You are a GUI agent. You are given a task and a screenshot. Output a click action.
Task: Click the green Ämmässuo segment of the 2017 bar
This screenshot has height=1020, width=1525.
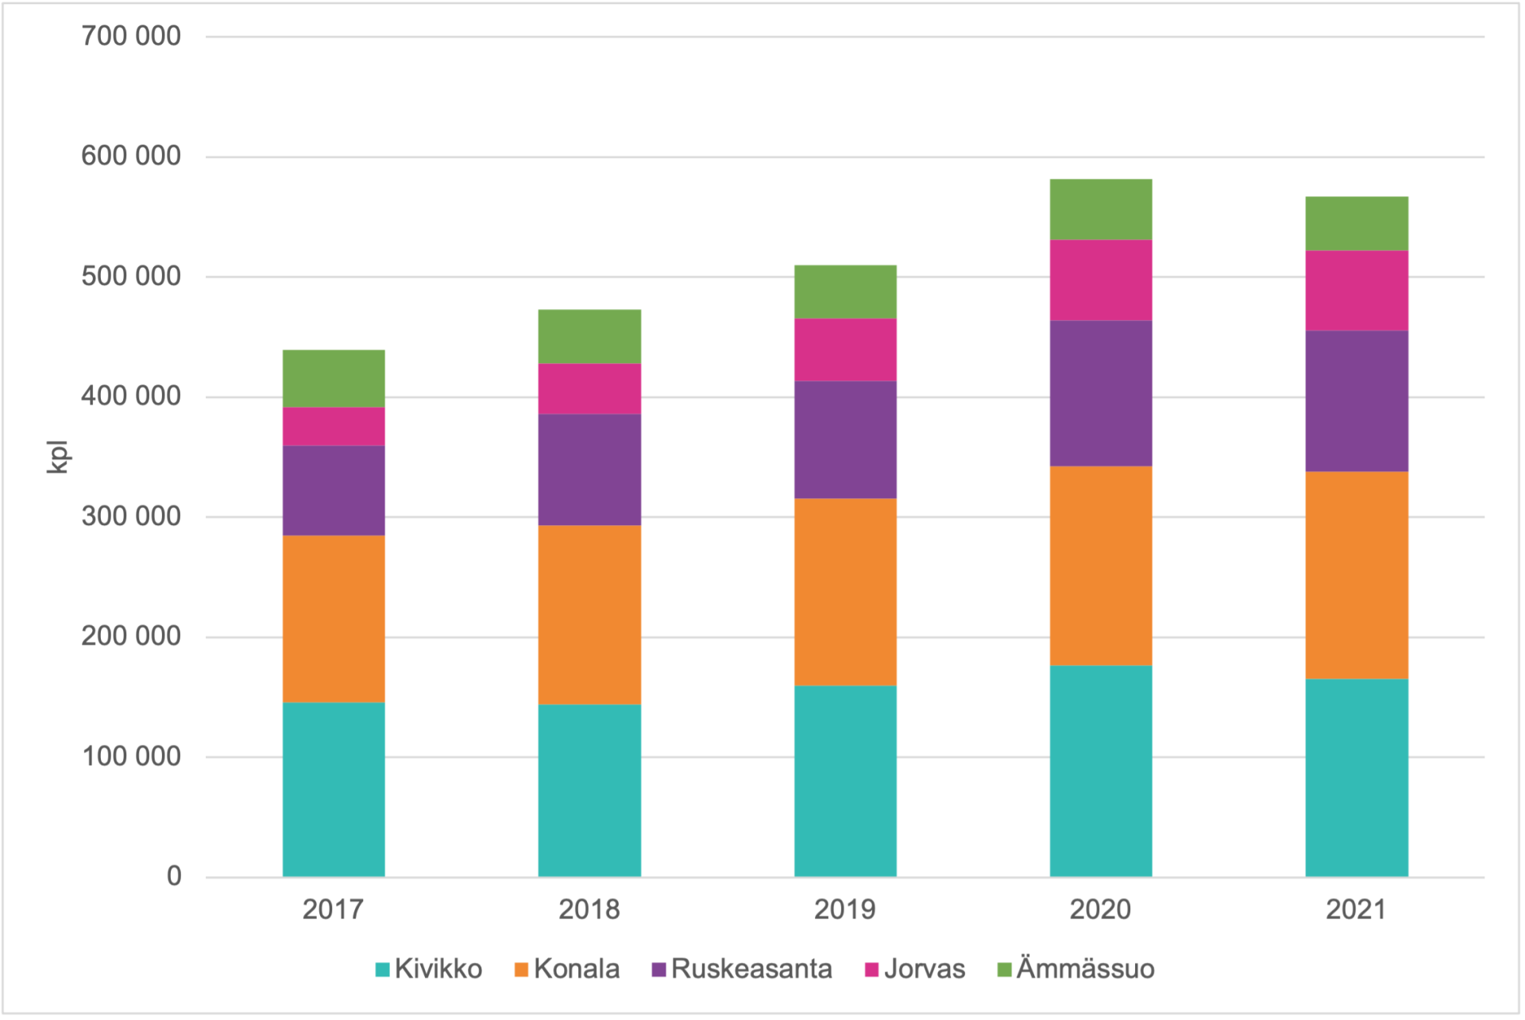[x=334, y=378]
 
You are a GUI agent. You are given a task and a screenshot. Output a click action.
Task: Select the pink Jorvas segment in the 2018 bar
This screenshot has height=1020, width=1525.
[x=589, y=388]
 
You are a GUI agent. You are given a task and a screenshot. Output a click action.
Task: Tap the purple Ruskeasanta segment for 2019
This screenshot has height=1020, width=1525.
[x=845, y=439]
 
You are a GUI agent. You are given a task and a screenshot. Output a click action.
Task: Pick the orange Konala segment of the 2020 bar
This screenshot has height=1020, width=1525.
[x=1101, y=565]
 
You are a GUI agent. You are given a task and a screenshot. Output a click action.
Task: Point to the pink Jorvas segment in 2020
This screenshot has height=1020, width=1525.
[x=1101, y=280]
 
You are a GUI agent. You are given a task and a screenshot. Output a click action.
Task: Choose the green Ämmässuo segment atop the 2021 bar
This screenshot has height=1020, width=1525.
[x=1357, y=223]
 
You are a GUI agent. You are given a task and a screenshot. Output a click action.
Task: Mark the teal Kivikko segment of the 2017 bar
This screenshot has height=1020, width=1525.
[x=334, y=789]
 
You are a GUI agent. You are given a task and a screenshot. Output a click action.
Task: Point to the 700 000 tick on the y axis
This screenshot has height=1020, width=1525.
[x=131, y=36]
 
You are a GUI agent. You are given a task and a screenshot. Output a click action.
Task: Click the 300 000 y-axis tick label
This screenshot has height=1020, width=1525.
[x=131, y=516]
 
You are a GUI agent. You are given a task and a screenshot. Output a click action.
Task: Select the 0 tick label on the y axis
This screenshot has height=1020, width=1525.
[x=174, y=876]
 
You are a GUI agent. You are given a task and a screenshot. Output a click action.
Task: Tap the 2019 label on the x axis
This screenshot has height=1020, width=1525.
[x=845, y=909]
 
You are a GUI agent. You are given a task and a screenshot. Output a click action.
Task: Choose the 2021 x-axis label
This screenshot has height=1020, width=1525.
[x=1357, y=909]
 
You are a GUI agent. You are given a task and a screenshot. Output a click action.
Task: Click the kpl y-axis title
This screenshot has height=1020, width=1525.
[x=58, y=457]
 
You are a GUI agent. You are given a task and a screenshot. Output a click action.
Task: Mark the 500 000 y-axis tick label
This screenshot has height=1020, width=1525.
[x=131, y=276]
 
